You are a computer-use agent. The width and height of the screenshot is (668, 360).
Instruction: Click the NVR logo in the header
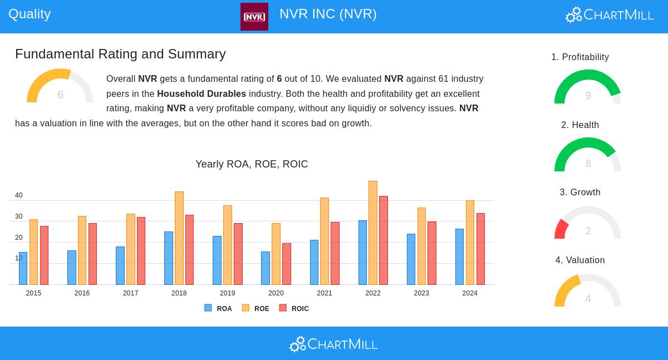254,17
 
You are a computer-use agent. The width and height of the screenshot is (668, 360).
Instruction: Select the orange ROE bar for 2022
373,233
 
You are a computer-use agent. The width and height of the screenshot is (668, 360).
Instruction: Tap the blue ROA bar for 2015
23,268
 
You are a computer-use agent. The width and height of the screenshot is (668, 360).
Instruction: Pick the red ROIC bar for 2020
287,264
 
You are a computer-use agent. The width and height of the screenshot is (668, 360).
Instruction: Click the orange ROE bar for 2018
179,238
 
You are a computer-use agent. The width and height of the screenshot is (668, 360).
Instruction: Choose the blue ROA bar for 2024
459,257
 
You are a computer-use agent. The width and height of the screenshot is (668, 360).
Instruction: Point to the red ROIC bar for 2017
141,251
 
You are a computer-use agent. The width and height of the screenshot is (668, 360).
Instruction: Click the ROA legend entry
218,308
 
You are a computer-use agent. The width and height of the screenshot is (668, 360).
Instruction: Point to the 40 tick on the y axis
19,195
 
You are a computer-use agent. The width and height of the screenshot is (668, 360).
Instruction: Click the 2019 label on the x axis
227,293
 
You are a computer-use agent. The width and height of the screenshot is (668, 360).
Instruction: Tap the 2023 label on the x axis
421,293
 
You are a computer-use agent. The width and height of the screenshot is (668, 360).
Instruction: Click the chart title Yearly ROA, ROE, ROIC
252,164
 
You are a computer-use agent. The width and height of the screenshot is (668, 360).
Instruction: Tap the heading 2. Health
580,125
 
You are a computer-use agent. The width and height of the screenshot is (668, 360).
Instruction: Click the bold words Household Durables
202,93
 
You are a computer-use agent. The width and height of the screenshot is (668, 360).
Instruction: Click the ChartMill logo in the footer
333,344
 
